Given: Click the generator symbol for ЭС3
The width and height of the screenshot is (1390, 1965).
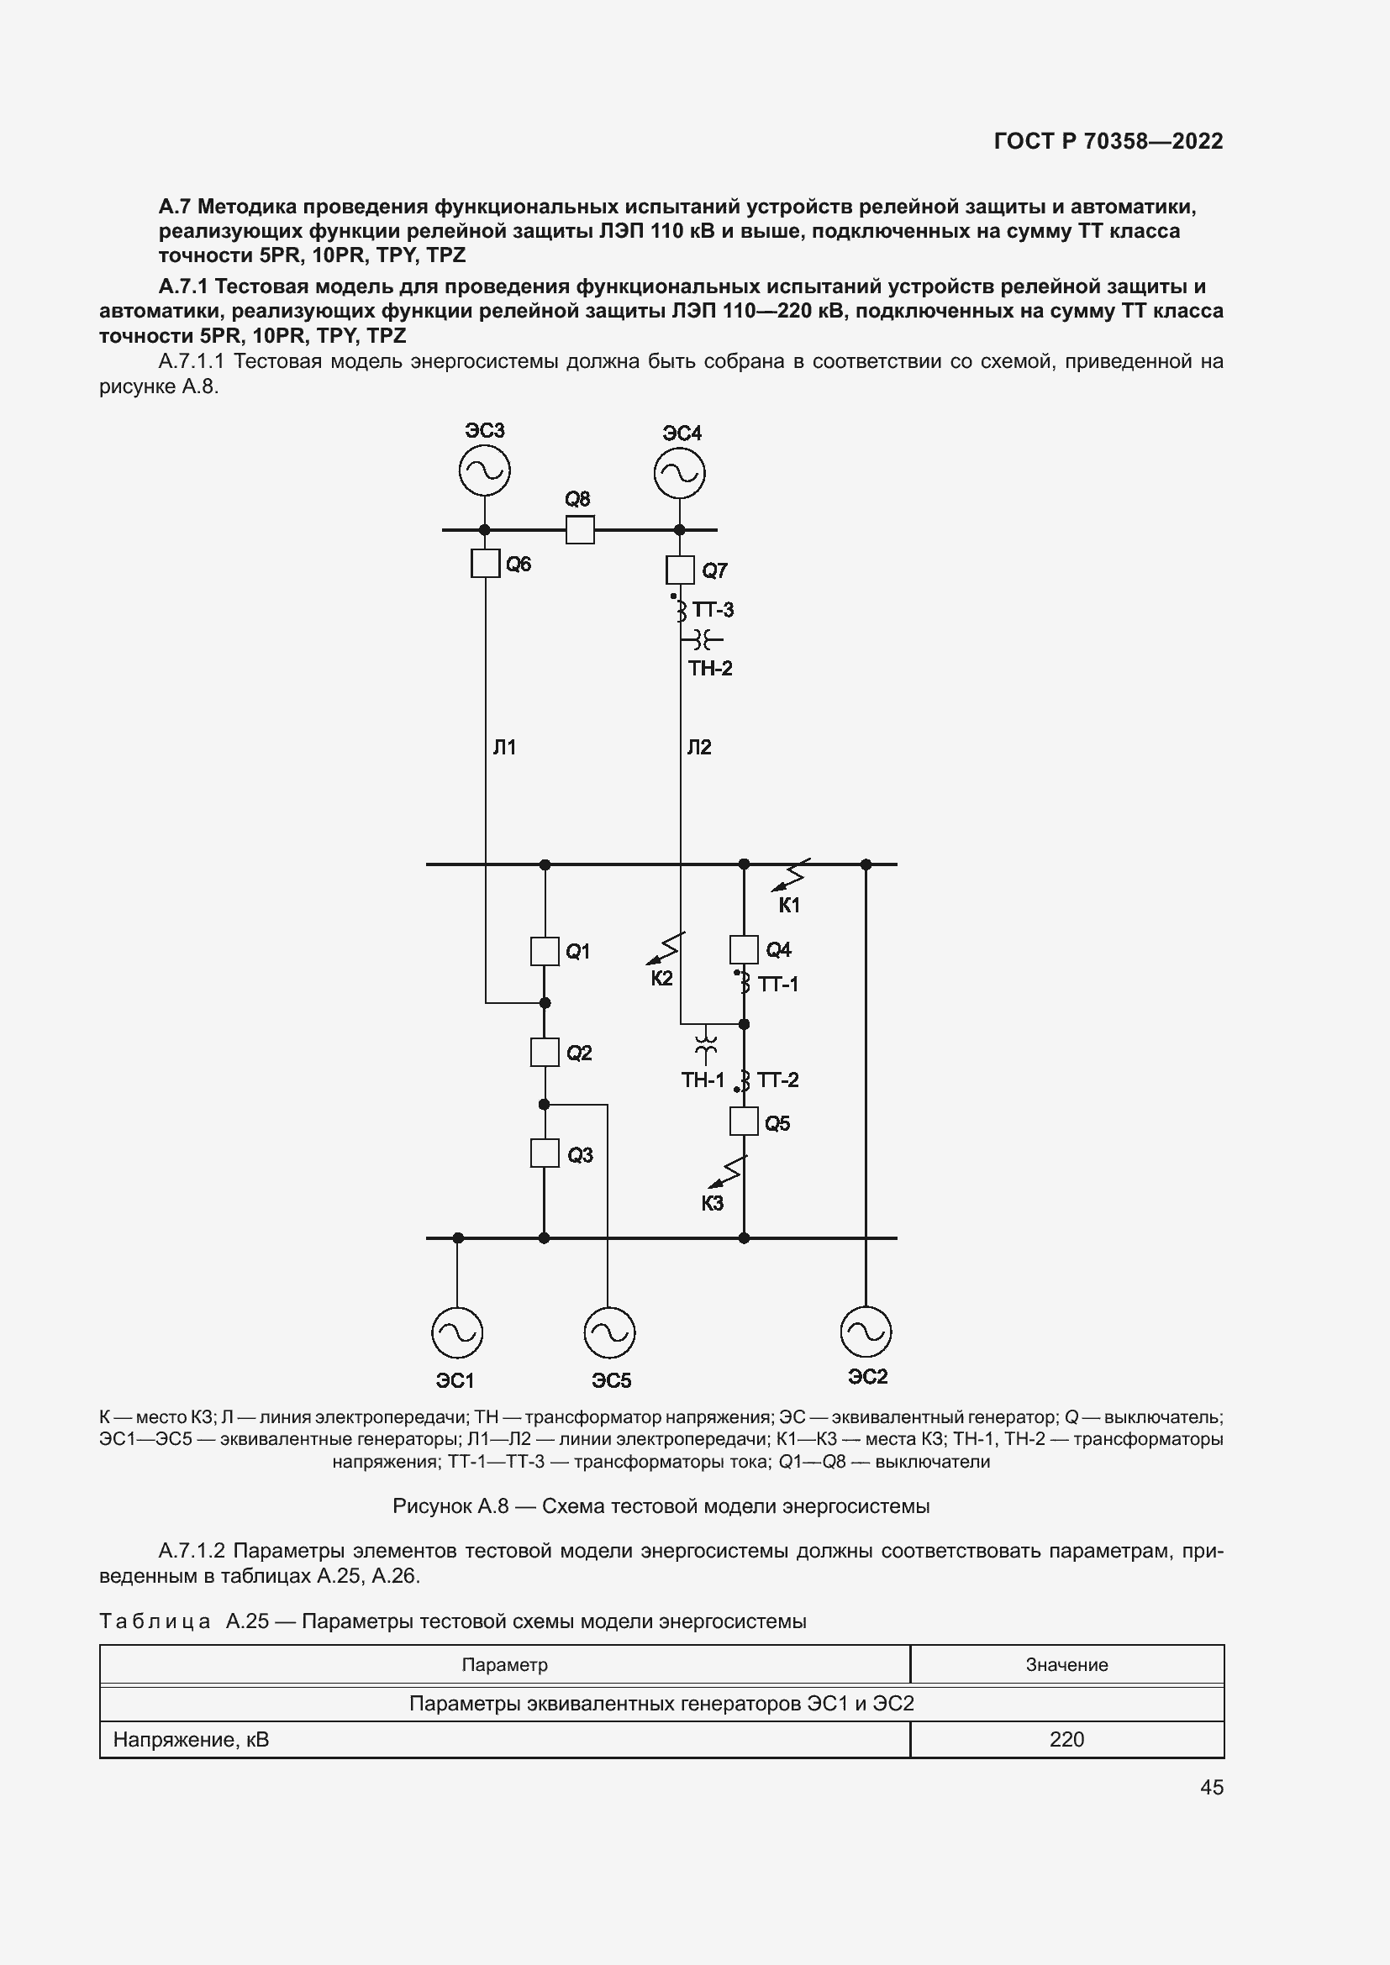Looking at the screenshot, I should [x=484, y=470].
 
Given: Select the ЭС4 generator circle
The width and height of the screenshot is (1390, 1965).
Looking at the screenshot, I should [x=680, y=473].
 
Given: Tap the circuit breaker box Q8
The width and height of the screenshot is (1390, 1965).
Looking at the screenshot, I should [x=581, y=530].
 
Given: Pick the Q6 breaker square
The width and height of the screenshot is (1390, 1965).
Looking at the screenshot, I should [x=485, y=563].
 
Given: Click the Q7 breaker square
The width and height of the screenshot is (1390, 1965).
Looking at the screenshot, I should [x=681, y=569].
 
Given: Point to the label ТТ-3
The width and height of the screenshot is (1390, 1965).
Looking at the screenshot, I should [x=713, y=610].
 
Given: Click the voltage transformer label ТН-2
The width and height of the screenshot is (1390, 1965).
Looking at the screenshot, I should [x=710, y=669].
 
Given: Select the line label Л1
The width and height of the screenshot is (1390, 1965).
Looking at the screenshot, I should [x=504, y=748].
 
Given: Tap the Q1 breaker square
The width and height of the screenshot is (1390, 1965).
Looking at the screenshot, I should [x=545, y=951].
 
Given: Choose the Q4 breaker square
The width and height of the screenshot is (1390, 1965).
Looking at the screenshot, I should [x=744, y=949].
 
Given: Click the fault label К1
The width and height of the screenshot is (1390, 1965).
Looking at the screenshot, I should [x=788, y=906].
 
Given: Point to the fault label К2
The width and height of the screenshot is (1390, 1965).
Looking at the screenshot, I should [x=661, y=978].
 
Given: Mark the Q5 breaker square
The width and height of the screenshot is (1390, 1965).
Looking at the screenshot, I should [x=744, y=1122].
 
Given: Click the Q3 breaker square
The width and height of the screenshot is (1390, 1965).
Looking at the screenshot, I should [x=545, y=1153].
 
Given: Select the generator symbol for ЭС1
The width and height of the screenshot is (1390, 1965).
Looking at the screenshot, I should [x=457, y=1332].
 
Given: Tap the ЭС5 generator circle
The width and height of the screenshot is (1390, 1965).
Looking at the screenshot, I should [x=609, y=1332].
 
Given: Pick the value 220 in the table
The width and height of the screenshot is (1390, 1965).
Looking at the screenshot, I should [x=1066, y=1739].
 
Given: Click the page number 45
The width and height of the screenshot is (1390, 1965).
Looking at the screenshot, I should [x=1212, y=1787].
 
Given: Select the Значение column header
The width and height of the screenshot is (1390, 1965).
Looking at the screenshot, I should [x=1066, y=1664].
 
